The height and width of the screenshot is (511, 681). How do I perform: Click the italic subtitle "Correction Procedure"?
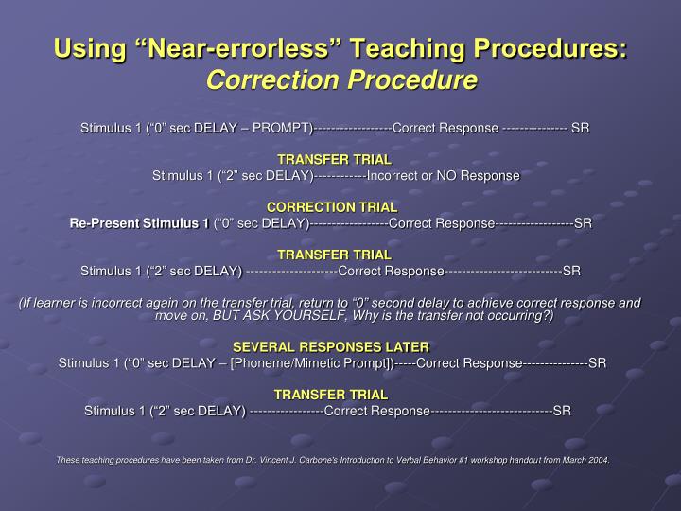click(x=340, y=80)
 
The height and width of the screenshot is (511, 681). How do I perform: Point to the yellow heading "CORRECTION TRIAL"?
click(x=332, y=207)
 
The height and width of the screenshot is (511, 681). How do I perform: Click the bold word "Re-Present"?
click(x=103, y=223)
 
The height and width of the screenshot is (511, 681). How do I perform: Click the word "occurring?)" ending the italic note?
click(x=520, y=316)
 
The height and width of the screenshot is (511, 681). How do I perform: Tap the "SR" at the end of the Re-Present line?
click(x=583, y=223)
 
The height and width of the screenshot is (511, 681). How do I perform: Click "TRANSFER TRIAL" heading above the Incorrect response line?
click(x=333, y=159)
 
